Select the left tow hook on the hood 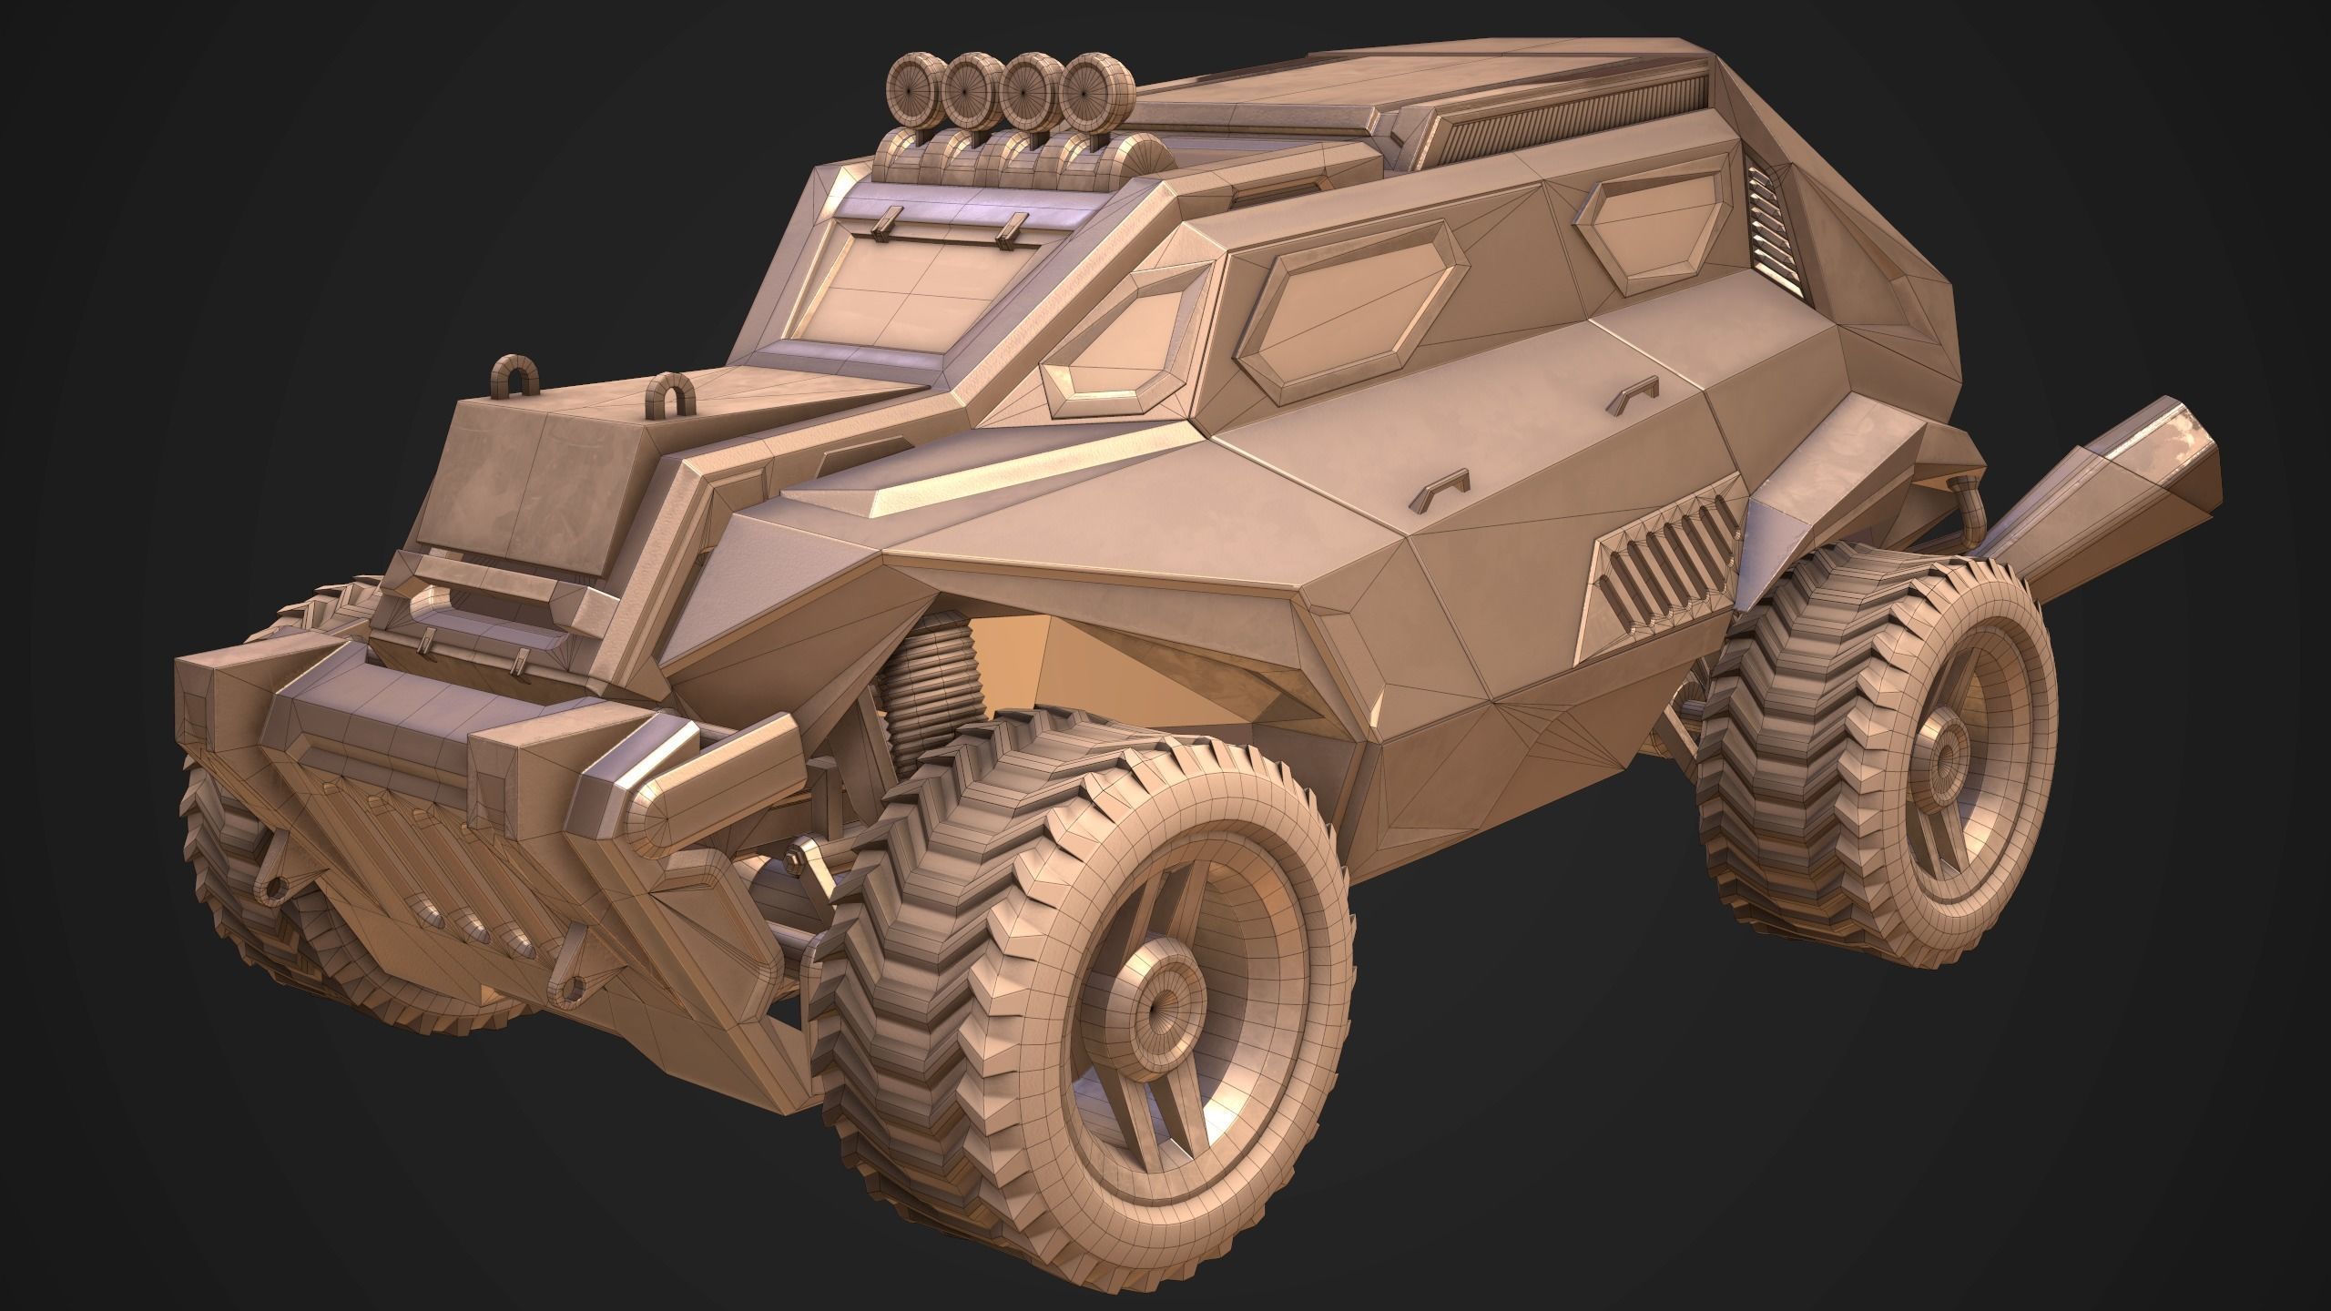coord(514,376)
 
